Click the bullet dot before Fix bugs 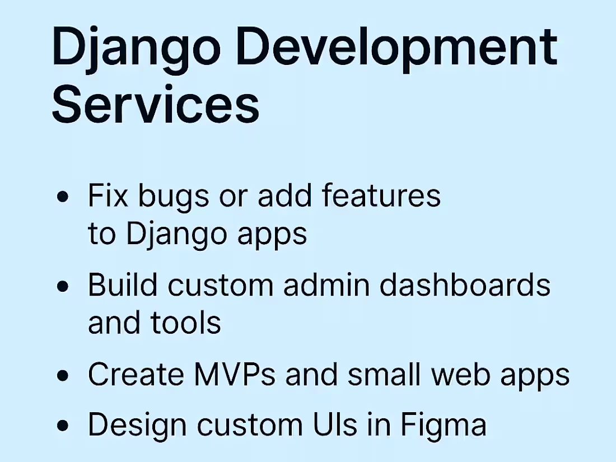pyautogui.click(x=64, y=197)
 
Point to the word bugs pyautogui.click(x=180, y=197)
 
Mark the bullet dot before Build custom pyautogui.click(x=64, y=286)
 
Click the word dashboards pyautogui.click(x=465, y=285)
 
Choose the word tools pyautogui.click(x=186, y=323)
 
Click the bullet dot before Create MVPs pyautogui.click(x=64, y=375)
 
